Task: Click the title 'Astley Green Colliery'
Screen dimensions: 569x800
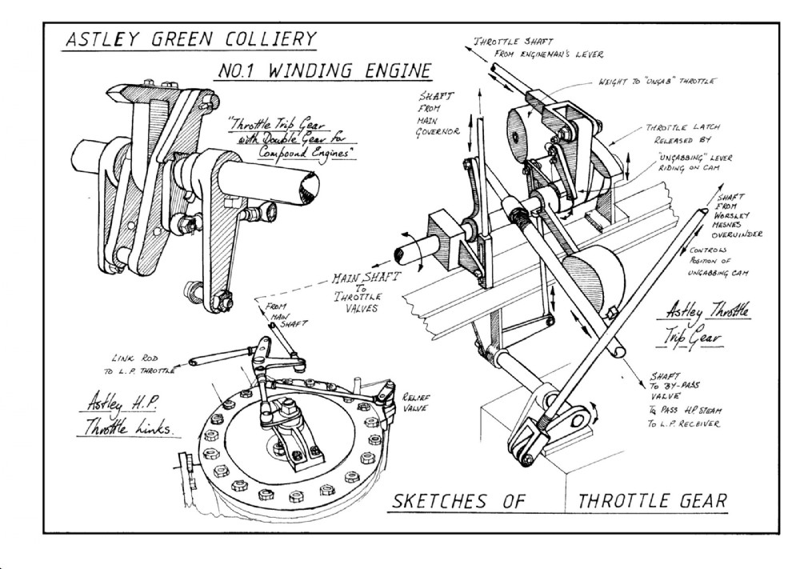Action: tap(190, 40)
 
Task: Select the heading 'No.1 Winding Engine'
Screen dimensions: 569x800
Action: tap(324, 71)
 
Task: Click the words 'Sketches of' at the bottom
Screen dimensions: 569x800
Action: tap(457, 502)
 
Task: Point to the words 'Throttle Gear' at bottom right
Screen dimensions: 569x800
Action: tap(651, 502)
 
